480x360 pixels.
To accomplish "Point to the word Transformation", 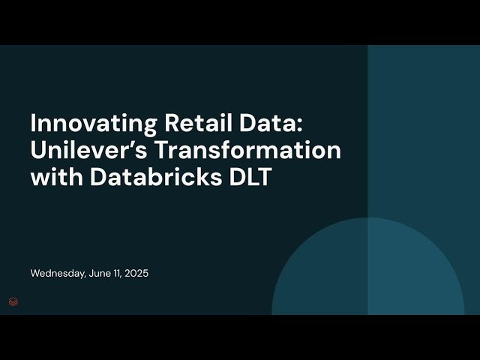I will tap(247, 150).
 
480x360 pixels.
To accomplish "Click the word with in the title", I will tap(53, 177).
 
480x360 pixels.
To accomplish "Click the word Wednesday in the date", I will tap(58, 274).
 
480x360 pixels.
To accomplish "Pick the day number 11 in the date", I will tap(120, 274).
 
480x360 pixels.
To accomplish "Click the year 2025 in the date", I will tap(138, 274).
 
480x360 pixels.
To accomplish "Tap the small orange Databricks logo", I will tap(13, 301).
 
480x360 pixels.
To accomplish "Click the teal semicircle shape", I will tap(367, 270).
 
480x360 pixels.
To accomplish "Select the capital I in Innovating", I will tap(33, 124).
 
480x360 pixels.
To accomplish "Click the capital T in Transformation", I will tap(161, 150).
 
